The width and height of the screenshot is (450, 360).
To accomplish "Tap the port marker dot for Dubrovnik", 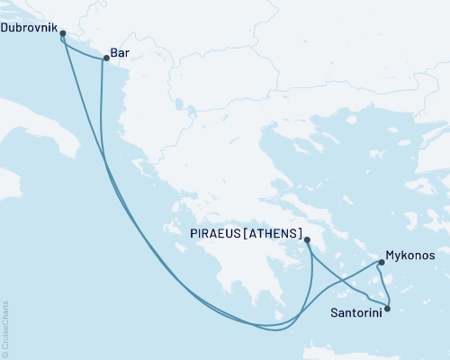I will [x=62, y=33].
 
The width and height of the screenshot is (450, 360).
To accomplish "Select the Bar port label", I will [x=118, y=53].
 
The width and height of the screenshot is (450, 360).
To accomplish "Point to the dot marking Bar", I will [x=105, y=59].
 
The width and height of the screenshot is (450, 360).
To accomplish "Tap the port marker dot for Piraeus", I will [x=308, y=239].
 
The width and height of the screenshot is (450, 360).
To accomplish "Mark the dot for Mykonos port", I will [x=382, y=263].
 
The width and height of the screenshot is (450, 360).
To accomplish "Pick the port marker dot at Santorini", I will [x=387, y=310].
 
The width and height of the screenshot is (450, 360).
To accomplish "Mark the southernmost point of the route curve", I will [x=270, y=330].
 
